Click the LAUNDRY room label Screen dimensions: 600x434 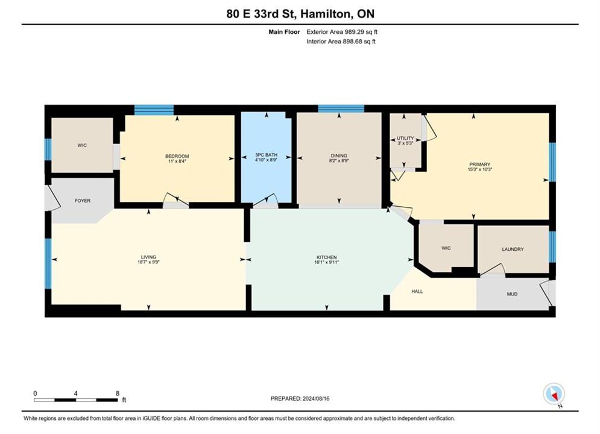coord(513,249)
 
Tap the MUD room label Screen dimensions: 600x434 coord(512,294)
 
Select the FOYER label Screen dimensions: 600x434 coord(83,200)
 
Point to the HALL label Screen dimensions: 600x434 coord(417,291)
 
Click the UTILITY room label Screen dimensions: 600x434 coord(405,138)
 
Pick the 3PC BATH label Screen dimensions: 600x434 coord(267,155)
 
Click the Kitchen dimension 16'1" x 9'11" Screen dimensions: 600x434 coord(327,262)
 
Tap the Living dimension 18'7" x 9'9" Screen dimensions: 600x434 coord(148,262)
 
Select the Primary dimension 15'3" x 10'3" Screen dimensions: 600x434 coord(480,169)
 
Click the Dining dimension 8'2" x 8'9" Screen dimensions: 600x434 coord(339,160)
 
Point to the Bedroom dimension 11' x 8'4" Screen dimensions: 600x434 coord(177,161)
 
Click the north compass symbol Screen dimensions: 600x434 coord(554,394)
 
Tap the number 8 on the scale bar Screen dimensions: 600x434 coord(118,393)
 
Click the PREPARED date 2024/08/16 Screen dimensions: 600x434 coord(316,398)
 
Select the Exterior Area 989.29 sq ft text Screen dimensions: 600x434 coord(342,32)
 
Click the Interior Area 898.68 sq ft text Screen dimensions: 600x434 coord(341,42)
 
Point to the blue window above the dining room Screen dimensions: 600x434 coord(341,108)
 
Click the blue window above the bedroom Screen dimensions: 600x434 coord(154,110)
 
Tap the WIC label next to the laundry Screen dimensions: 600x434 coord(446,248)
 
